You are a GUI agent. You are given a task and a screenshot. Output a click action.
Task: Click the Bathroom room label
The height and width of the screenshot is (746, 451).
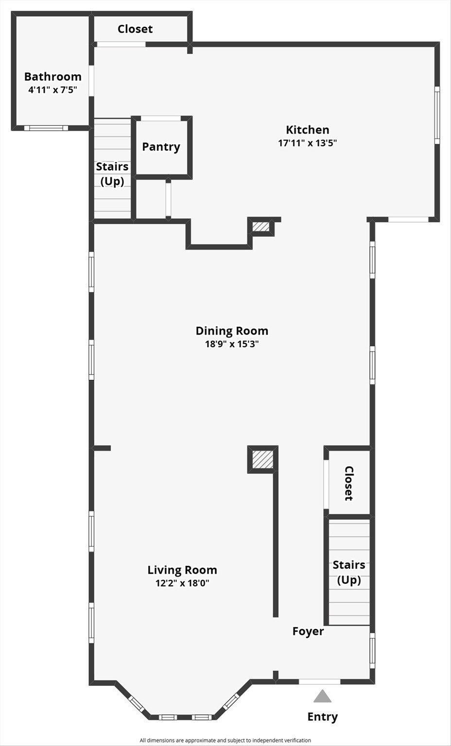pos(53,77)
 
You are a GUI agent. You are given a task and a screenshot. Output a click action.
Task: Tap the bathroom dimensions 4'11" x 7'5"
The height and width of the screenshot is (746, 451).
pos(52,89)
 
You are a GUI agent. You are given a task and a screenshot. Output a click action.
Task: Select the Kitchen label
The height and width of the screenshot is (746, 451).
pos(308,130)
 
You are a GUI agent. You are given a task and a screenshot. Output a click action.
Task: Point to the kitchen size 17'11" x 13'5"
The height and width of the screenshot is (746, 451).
pos(308,143)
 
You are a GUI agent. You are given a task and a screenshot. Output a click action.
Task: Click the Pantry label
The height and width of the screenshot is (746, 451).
pos(161,147)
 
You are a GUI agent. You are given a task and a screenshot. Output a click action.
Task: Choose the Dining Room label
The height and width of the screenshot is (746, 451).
pos(232,331)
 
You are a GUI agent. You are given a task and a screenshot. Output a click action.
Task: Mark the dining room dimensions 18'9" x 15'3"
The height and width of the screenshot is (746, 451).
pos(232,344)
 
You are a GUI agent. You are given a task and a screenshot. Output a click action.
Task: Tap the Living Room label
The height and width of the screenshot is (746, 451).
pos(182,570)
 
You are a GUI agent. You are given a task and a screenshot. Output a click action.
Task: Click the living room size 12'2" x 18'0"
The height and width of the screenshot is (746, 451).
pos(182,583)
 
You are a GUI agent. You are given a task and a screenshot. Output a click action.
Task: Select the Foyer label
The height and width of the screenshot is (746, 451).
pos(308,631)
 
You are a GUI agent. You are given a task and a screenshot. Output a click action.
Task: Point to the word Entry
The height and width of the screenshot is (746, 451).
pos(322,716)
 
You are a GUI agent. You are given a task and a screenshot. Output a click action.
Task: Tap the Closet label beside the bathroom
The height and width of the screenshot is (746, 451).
pos(135,29)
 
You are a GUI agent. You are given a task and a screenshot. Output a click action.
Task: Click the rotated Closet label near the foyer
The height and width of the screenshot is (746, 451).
pos(349,483)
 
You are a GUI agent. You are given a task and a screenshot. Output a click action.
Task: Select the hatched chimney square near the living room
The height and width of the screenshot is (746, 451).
pos(262,459)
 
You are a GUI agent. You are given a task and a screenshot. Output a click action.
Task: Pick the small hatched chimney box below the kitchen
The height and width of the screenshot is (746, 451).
pos(260,227)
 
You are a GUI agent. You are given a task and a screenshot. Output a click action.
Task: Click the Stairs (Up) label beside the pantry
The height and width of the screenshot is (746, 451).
pos(112,174)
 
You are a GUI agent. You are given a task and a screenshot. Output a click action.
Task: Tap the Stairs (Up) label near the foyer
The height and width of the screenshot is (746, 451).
pos(349,573)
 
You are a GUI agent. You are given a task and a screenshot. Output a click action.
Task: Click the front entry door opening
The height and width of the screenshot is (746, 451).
pos(319,681)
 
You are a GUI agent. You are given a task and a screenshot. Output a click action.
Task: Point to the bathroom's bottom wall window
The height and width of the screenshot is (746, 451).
pos(46,128)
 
